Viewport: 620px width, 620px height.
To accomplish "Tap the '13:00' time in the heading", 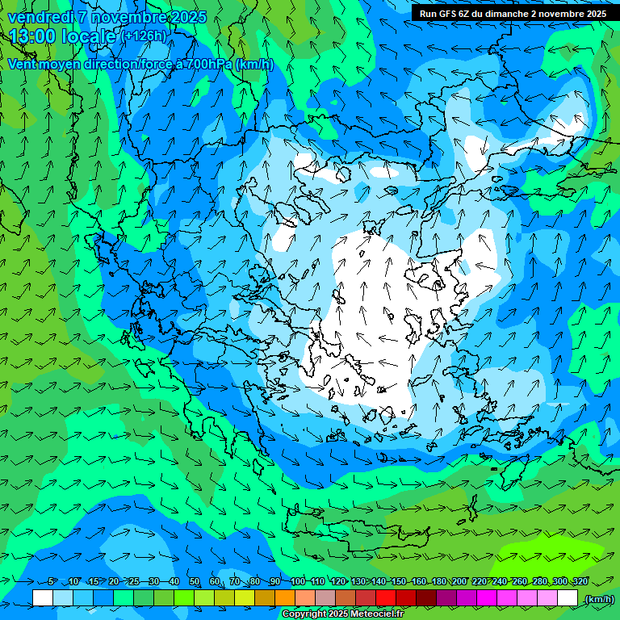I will click(x=33, y=36).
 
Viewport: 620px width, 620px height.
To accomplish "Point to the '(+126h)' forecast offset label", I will click(x=145, y=36).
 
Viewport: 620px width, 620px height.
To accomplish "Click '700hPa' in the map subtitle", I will click(x=207, y=64).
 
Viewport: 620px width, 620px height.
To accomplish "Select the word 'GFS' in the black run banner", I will click(x=448, y=13).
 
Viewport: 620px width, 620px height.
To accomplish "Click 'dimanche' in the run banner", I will click(x=503, y=13).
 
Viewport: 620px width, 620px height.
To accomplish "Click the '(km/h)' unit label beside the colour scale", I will click(x=598, y=599).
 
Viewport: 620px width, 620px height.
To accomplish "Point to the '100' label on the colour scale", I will click(x=297, y=582).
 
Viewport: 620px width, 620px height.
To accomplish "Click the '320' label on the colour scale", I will click(x=579, y=582).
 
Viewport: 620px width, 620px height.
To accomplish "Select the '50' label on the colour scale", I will click(x=195, y=582).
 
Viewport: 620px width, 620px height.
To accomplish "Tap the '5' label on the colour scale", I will click(x=52, y=582).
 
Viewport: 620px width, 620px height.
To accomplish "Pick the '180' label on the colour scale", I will click(x=438, y=582).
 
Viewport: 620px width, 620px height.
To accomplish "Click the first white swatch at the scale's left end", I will click(x=43, y=598).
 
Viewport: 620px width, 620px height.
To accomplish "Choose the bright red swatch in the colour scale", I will click(x=386, y=598).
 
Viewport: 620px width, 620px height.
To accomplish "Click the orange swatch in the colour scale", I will click(x=285, y=598).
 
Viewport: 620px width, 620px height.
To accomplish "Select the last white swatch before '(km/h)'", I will click(x=568, y=598).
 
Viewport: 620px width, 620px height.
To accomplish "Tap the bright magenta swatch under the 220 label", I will click(x=487, y=598).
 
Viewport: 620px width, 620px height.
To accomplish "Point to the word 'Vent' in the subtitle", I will click(x=23, y=64).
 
